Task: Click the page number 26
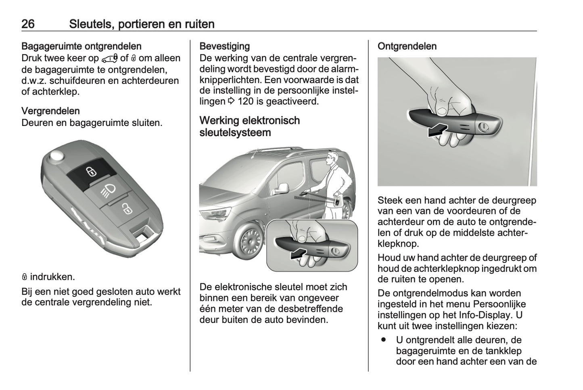[x=28, y=24]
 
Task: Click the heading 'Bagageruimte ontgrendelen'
[x=81, y=46]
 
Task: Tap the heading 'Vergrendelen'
[x=50, y=111]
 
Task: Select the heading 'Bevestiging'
[x=225, y=46]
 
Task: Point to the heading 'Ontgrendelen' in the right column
[x=407, y=46]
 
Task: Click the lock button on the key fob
[x=91, y=172]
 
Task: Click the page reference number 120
[x=246, y=101]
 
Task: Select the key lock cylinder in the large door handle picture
[x=483, y=127]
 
